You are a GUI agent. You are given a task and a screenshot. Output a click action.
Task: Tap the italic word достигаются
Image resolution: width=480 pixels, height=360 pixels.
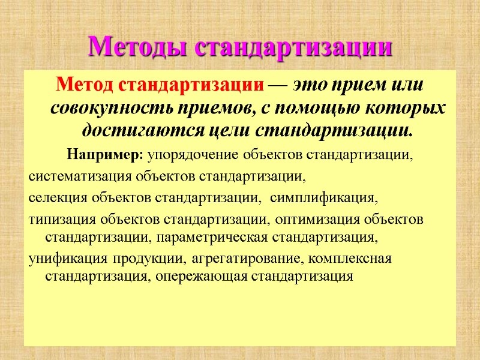pyautogui.click(x=129, y=128)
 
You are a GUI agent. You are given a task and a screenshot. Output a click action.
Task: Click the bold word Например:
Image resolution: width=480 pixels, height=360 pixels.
pyautogui.click(x=105, y=155)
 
